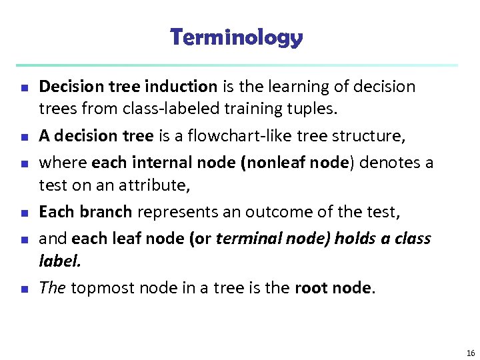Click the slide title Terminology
pos(237,37)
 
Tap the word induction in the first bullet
pos(184,87)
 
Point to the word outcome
pos(273,213)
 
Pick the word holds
pos(342,238)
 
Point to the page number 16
pos(471,353)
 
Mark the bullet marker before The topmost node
pos(24,289)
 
